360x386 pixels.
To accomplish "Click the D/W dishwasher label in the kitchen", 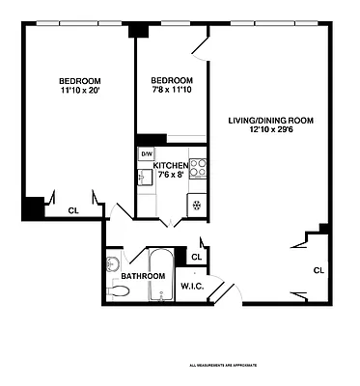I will click(x=148, y=154).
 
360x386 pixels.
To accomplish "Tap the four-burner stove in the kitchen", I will click(x=198, y=168).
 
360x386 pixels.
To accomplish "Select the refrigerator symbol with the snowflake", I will click(x=197, y=203).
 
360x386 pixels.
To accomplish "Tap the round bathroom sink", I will click(x=113, y=263).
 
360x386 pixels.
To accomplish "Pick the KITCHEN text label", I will click(x=171, y=166).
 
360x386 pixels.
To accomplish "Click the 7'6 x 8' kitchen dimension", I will click(x=171, y=176).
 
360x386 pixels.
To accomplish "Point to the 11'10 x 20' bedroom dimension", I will click(x=79, y=91).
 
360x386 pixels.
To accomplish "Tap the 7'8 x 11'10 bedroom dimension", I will click(x=172, y=91).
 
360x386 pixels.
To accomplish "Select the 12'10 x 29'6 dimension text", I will click(x=265, y=130).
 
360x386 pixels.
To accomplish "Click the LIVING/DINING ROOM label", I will click(x=265, y=121).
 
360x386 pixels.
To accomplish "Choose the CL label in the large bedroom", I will click(x=73, y=210).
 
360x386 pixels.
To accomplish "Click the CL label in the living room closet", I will click(x=318, y=270).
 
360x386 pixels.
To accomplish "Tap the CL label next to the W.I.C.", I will click(x=196, y=257).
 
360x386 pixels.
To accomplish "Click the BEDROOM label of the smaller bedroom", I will click(x=172, y=81).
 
